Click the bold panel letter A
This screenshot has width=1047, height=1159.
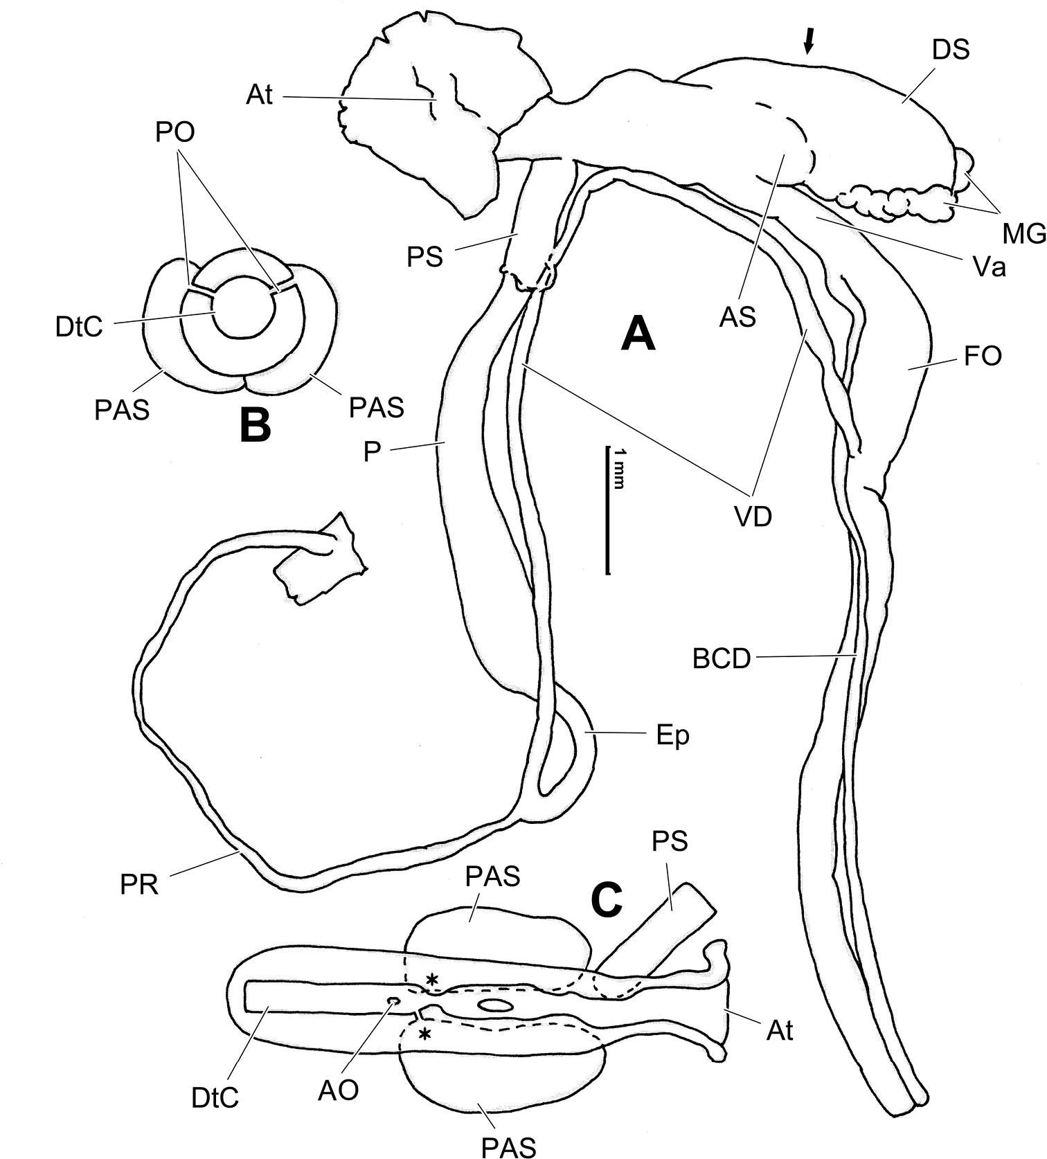point(638,334)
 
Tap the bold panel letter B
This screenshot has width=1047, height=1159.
point(255,425)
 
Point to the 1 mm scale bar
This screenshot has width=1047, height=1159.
point(608,510)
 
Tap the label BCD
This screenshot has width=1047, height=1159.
point(722,659)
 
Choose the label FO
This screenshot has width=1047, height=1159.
point(983,357)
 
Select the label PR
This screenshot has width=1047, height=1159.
point(139,885)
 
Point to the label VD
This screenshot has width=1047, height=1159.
point(753,516)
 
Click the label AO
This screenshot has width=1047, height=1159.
point(339,1090)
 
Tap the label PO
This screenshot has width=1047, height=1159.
point(175,132)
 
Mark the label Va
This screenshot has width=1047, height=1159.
point(988,267)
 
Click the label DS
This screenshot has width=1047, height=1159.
point(951,49)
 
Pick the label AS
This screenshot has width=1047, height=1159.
point(737,318)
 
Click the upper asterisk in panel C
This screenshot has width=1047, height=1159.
point(433,980)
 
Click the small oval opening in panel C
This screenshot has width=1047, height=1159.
point(496,1005)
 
